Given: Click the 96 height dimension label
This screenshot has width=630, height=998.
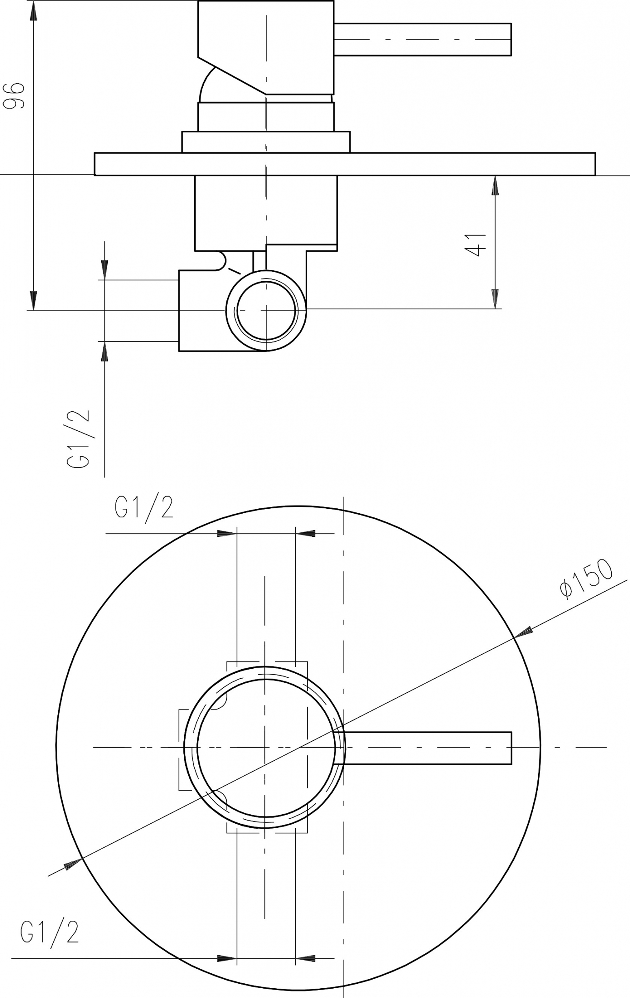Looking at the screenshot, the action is click(14, 96).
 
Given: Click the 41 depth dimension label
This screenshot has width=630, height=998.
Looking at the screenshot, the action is click(475, 245).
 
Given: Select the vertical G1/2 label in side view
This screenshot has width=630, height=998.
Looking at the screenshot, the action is click(78, 439).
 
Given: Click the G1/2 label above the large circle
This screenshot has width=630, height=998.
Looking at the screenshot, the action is click(144, 509).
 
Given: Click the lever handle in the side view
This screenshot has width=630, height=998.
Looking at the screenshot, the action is click(422, 39).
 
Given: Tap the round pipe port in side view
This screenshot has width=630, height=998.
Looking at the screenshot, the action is click(266, 311).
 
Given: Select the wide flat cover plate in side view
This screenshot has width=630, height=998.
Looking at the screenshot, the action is click(345, 164).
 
